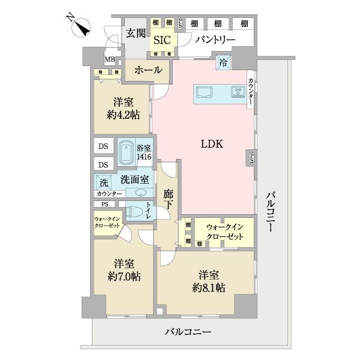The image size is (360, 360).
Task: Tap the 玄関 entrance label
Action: [135, 33]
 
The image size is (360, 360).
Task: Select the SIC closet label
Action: [162, 40]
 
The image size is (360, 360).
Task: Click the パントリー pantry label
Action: [214, 40]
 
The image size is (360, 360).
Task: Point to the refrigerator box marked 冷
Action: [223, 61]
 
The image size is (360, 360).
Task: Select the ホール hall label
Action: [148, 70]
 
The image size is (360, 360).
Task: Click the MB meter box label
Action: [110, 59]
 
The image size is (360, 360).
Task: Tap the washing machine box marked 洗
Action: [104, 182]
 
